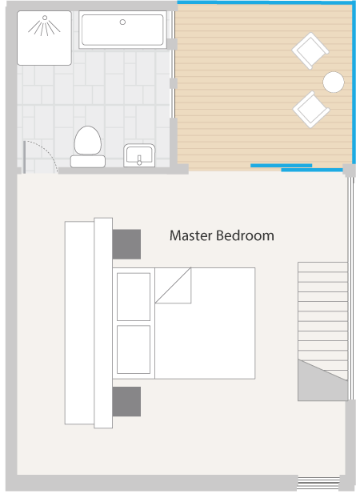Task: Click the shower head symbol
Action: [44, 25]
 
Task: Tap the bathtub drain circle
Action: [122, 22]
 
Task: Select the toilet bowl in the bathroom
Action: [88, 140]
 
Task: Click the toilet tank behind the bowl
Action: [88, 161]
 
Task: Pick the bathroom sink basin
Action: [139, 155]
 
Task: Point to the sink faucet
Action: [139, 160]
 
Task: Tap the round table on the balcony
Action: [334, 82]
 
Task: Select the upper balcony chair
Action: [310, 50]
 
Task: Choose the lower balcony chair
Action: [311, 110]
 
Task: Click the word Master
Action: [191, 235]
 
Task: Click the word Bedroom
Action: [245, 235]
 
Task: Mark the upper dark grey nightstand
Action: [126, 244]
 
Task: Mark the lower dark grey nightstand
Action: [126, 401]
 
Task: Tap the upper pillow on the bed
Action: [134, 297]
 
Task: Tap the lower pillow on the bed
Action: [134, 349]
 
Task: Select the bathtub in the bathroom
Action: [122, 30]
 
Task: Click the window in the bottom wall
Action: [318, 482]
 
